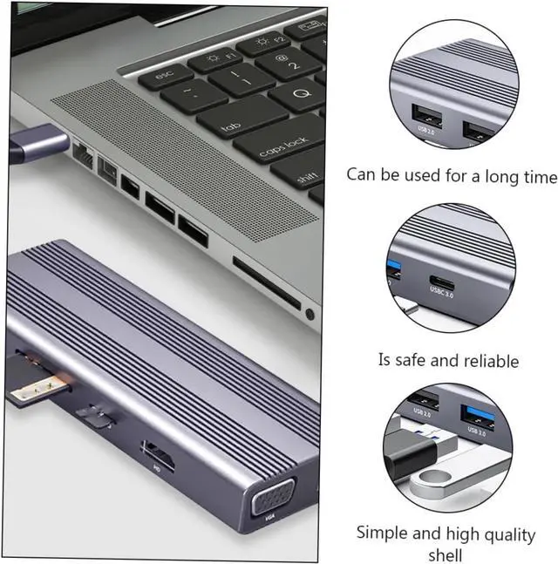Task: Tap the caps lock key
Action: point(283,147)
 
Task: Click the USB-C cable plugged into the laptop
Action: point(35,143)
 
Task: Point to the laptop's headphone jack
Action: point(309,312)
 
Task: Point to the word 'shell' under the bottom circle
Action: point(445,554)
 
